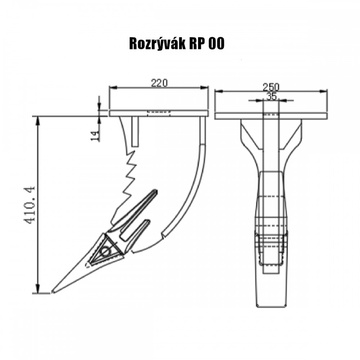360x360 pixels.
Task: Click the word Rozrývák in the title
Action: (157, 44)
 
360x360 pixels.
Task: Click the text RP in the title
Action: (197, 44)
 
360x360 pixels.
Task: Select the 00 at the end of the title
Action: (217, 44)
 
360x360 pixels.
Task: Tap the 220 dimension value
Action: (159, 83)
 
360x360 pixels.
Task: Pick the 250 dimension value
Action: (271, 87)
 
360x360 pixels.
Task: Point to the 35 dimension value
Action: (272, 96)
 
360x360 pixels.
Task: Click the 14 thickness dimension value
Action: (96, 135)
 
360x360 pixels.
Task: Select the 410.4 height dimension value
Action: (31, 205)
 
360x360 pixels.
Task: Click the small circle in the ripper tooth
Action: (106, 252)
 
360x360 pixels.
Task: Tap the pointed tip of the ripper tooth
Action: (53, 293)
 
